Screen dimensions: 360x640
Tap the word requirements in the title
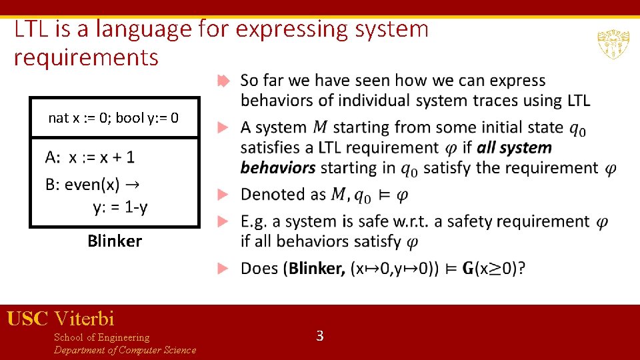tap(86, 57)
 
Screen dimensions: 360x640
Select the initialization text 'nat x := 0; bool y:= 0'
tap(113, 118)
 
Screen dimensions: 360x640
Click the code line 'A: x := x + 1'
tap(90, 157)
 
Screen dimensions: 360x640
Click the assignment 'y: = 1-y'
tap(120, 207)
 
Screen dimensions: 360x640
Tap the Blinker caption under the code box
tap(114, 241)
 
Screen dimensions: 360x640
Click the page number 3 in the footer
tap(319, 336)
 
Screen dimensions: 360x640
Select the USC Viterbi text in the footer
tap(61, 319)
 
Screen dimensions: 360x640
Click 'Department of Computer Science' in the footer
tap(125, 350)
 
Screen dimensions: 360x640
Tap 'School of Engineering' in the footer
tap(101, 337)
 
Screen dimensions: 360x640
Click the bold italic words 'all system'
tap(514, 147)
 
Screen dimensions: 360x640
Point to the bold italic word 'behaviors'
tap(277, 167)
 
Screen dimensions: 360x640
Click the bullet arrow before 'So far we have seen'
tap(224, 81)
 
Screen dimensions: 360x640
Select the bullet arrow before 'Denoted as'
tap(224, 195)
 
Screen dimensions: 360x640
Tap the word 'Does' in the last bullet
tap(259, 268)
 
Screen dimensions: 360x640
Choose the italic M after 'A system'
tap(320, 127)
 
